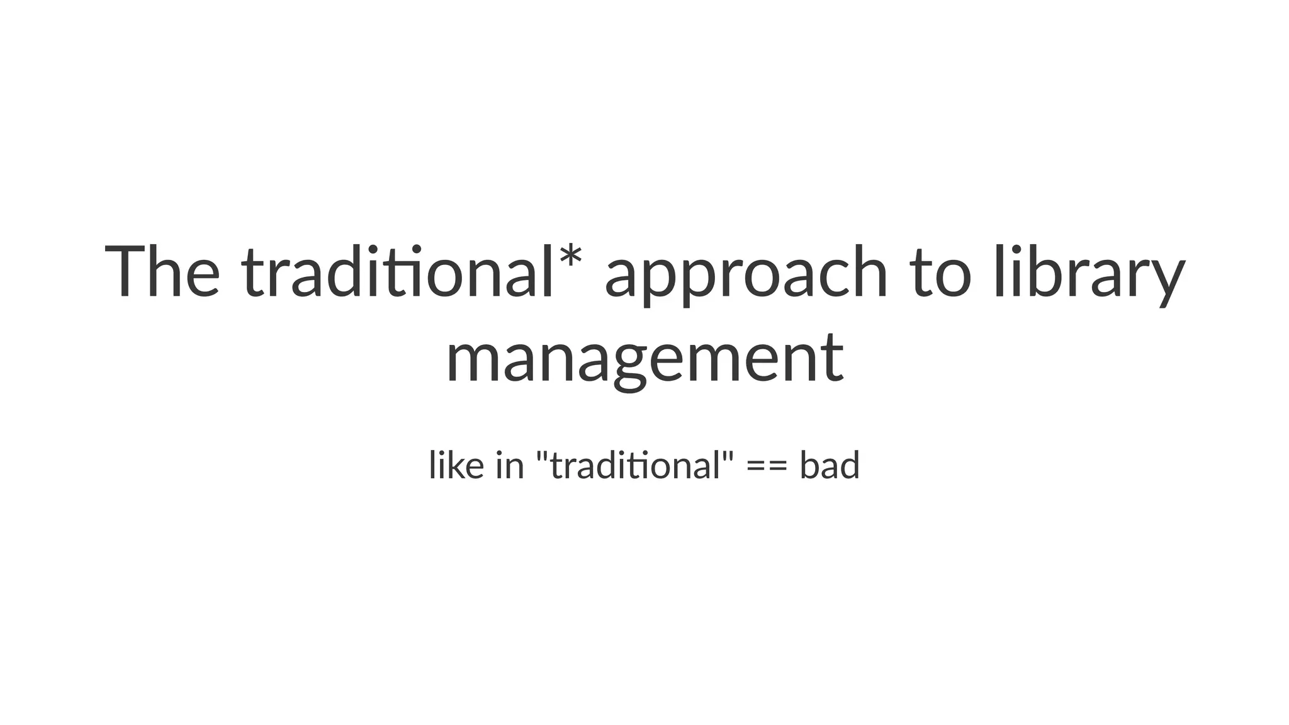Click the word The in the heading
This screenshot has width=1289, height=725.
pos(162,272)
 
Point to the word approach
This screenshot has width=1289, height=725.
pos(746,277)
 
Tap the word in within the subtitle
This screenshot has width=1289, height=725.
pos(510,466)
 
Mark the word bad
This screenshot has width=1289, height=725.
pos(829,466)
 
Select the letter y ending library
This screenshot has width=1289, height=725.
pos(1168,280)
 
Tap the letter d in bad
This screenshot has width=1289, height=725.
pos(849,466)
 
